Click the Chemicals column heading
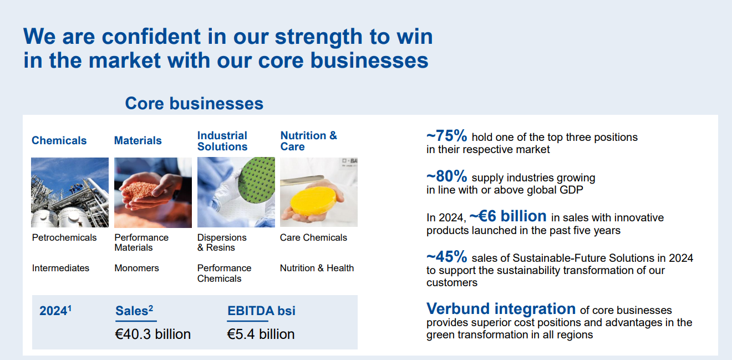click(x=59, y=140)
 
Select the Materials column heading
click(x=138, y=140)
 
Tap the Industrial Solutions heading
click(x=222, y=141)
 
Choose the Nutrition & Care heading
click(x=308, y=141)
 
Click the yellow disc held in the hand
click(x=313, y=201)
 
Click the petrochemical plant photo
click(x=70, y=192)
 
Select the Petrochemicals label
click(x=64, y=237)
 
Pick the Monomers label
click(x=136, y=268)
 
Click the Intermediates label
click(x=60, y=268)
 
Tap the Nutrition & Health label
click(x=317, y=268)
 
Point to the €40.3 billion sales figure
click(x=153, y=334)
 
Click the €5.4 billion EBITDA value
click(x=261, y=334)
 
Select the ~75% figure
click(x=447, y=136)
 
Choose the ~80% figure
click(x=447, y=176)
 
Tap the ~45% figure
click(x=447, y=257)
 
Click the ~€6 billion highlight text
click(x=508, y=216)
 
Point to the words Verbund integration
click(x=501, y=308)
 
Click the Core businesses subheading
click(x=194, y=103)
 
